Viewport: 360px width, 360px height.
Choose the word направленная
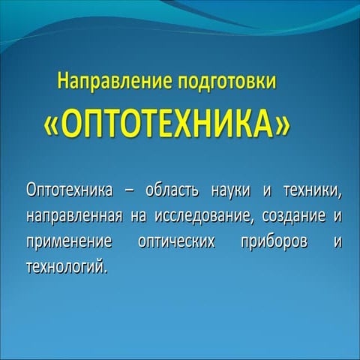tap(74, 217)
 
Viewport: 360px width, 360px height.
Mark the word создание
tap(293, 217)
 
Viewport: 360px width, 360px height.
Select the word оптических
tap(178, 243)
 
